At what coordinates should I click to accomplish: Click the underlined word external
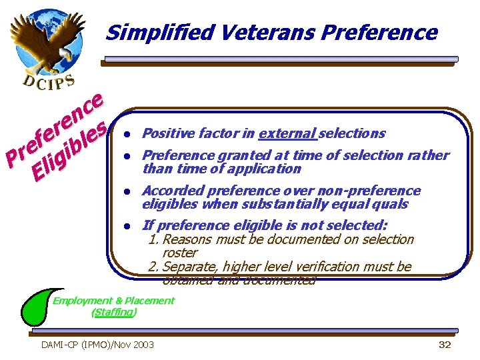pos(287,133)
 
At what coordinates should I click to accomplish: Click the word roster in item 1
pos(180,253)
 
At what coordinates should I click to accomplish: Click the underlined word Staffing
pos(114,311)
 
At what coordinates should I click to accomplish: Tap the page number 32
pos(445,344)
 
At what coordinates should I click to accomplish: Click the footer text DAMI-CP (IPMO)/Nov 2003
pos(97,344)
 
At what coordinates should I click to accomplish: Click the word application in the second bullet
pos(267,169)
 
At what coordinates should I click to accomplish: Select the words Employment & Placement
pos(113,300)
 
